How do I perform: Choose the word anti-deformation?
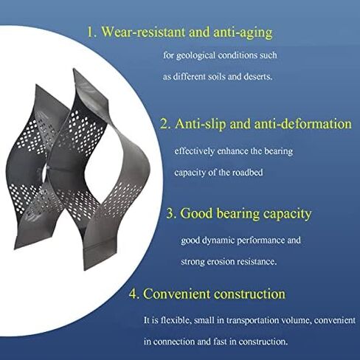301,125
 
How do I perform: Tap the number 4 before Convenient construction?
133,294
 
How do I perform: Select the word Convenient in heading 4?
178,294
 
